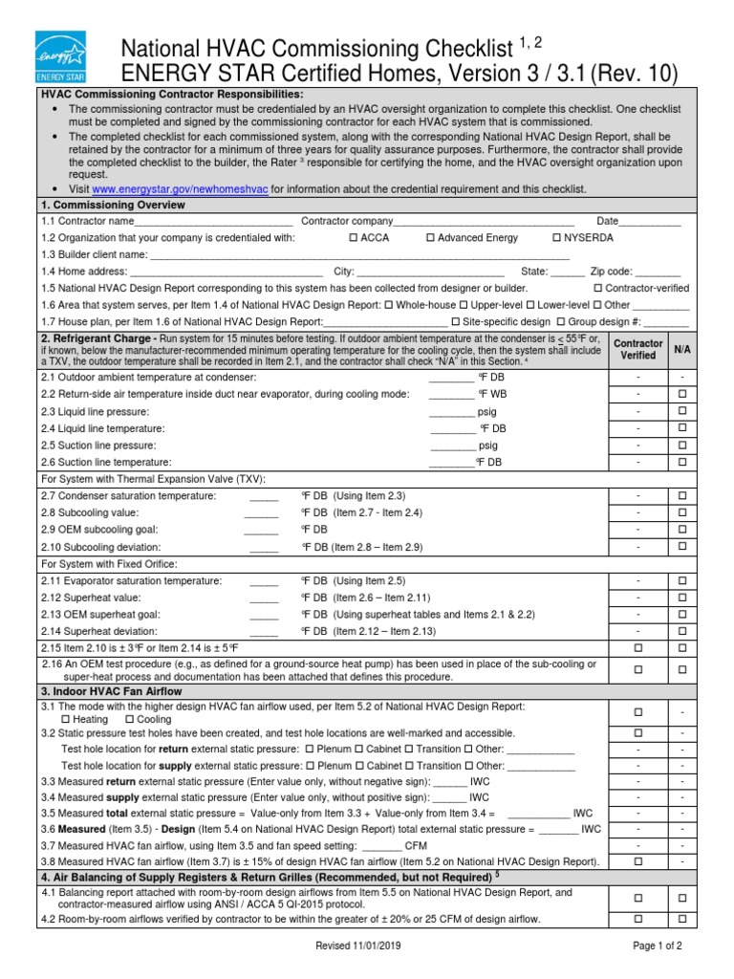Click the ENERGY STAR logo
click(60, 55)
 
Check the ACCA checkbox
click(354, 237)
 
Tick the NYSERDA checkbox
click(556, 237)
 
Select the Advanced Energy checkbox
click(430, 237)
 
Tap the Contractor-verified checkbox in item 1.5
click(598, 288)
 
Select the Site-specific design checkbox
click(455, 322)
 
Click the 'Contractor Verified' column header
click(637, 349)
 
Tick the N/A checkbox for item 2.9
click(682, 530)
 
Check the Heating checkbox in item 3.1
click(65, 719)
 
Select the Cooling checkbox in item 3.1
click(129, 719)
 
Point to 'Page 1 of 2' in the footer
click(657, 946)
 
